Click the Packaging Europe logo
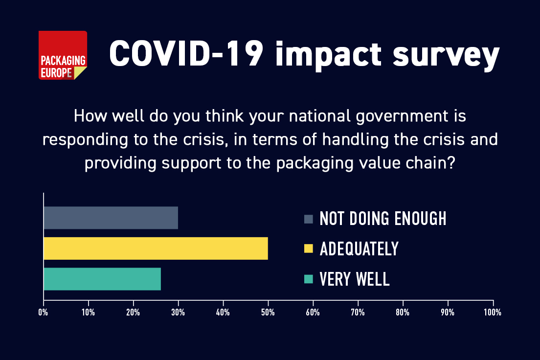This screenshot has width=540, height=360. point(63,55)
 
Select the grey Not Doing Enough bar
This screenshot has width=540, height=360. point(111,218)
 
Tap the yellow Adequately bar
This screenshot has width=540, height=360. point(156,248)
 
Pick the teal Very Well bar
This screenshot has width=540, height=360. point(102,279)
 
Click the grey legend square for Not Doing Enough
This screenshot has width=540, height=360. point(308,219)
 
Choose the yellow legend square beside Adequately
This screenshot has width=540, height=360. point(308,249)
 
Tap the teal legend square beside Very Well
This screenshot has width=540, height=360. point(308,279)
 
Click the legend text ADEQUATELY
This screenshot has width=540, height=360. point(359,249)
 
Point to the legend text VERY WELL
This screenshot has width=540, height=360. point(355,279)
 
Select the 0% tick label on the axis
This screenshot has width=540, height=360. point(44,312)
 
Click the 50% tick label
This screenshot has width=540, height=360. point(268,312)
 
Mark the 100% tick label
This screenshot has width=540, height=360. point(492,312)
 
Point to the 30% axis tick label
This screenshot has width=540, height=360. point(178,312)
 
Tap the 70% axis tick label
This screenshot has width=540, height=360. point(358,312)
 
